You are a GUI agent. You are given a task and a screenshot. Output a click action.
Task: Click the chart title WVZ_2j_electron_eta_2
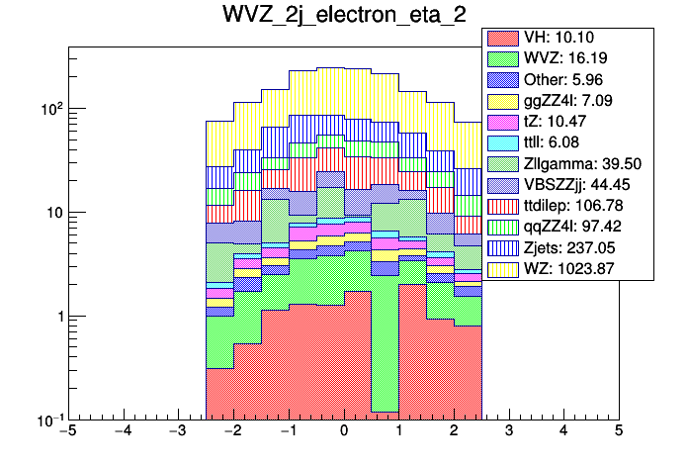click(343, 17)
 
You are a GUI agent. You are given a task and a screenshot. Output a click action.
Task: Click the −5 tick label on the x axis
click(67, 431)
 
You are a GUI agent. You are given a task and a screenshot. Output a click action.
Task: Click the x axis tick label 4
click(563, 431)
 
